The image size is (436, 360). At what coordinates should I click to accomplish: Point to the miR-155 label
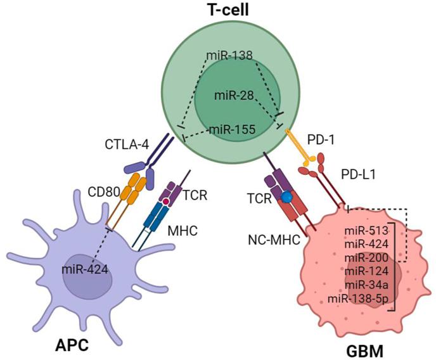(233, 129)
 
